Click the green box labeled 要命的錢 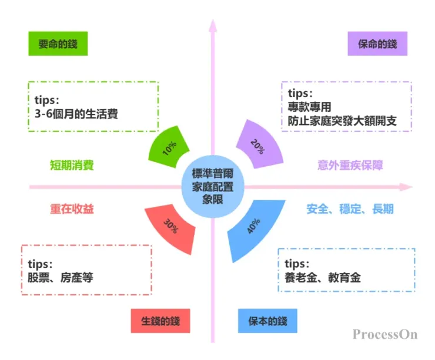coord(58,44)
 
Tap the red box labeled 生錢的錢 coord(160,321)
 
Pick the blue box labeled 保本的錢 coord(267,321)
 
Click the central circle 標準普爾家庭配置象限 coord(213,186)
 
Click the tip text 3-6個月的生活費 coord(76,113)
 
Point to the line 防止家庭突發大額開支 coord(342,122)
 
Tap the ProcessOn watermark coord(384,334)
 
